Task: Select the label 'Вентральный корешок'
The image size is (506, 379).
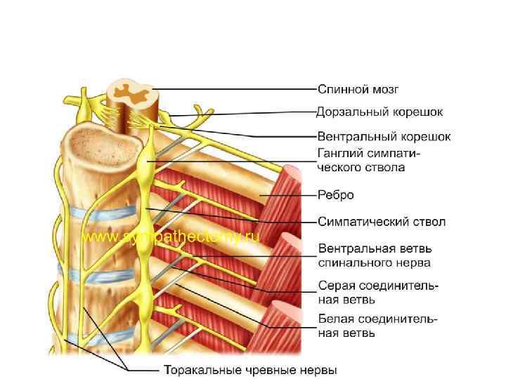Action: [384, 136]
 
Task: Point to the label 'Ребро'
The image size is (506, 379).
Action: [336, 195]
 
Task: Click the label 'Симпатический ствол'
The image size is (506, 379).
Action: [382, 222]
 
